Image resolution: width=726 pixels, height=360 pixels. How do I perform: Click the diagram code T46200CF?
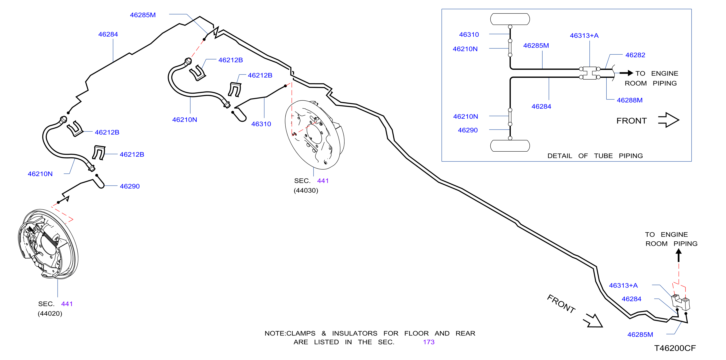675,348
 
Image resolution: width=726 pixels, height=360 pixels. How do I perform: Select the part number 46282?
635,55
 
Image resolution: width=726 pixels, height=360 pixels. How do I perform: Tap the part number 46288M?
630,100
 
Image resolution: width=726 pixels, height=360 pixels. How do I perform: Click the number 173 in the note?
429,342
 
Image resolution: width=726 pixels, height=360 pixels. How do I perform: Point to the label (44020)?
50,313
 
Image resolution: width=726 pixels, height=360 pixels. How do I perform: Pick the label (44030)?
306,190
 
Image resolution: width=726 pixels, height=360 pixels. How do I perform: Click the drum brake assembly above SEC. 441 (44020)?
48,244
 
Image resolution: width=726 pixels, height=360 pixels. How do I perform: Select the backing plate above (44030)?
314,135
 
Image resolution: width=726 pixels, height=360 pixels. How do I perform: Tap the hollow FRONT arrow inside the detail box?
668,120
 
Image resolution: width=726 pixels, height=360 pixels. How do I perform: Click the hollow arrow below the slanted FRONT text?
593,321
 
